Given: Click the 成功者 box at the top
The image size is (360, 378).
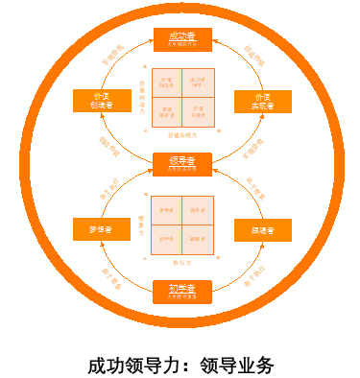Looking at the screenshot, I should pos(180,39).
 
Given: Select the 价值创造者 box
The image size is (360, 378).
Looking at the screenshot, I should pos(102,102).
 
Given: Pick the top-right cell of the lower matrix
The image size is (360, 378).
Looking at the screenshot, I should pos(199,209).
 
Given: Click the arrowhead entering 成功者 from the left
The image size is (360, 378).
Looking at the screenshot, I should pos(150,39).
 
